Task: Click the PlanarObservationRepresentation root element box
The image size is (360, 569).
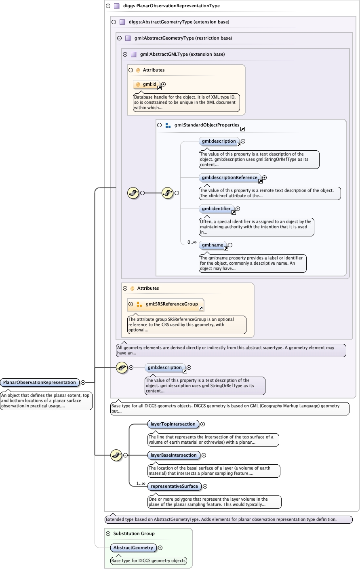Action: click(40, 382)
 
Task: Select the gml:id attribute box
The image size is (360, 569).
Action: click(147, 84)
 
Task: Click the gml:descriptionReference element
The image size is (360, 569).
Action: click(229, 177)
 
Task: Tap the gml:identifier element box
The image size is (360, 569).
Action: click(216, 209)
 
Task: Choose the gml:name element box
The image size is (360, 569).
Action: click(213, 245)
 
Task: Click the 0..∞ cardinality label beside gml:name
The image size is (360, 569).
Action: click(192, 242)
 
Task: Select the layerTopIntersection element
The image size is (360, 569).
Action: click(173, 424)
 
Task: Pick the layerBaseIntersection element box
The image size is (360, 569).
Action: click(173, 455)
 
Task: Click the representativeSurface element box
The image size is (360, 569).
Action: click(174, 486)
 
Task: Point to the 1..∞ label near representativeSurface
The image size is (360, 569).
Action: click(141, 483)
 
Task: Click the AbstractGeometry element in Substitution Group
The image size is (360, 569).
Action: click(133, 548)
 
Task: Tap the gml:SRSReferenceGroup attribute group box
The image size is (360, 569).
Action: click(171, 304)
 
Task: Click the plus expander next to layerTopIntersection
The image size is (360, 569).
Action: click(203, 424)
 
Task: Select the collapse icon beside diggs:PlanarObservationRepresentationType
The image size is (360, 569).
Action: click(108, 6)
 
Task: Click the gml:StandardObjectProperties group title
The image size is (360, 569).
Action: click(207, 125)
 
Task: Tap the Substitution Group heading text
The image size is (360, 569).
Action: click(134, 533)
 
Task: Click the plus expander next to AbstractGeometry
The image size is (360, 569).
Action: click(160, 548)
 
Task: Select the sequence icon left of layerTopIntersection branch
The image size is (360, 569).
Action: click(116, 455)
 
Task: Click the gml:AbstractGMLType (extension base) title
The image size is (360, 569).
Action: click(182, 54)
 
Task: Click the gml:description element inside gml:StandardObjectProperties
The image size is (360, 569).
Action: click(219, 141)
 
